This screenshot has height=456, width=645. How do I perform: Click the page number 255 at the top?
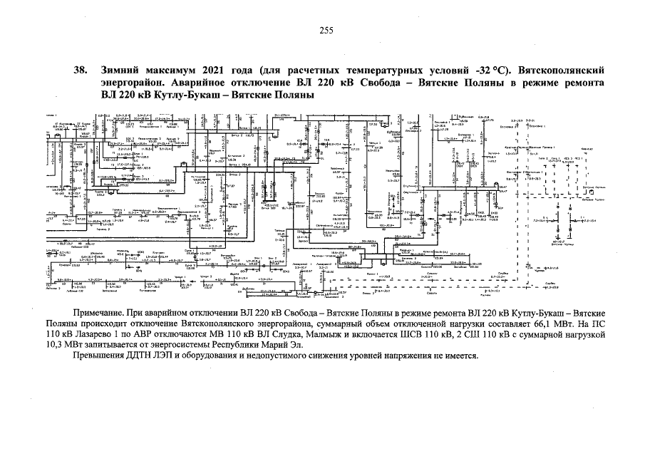click(326, 30)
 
